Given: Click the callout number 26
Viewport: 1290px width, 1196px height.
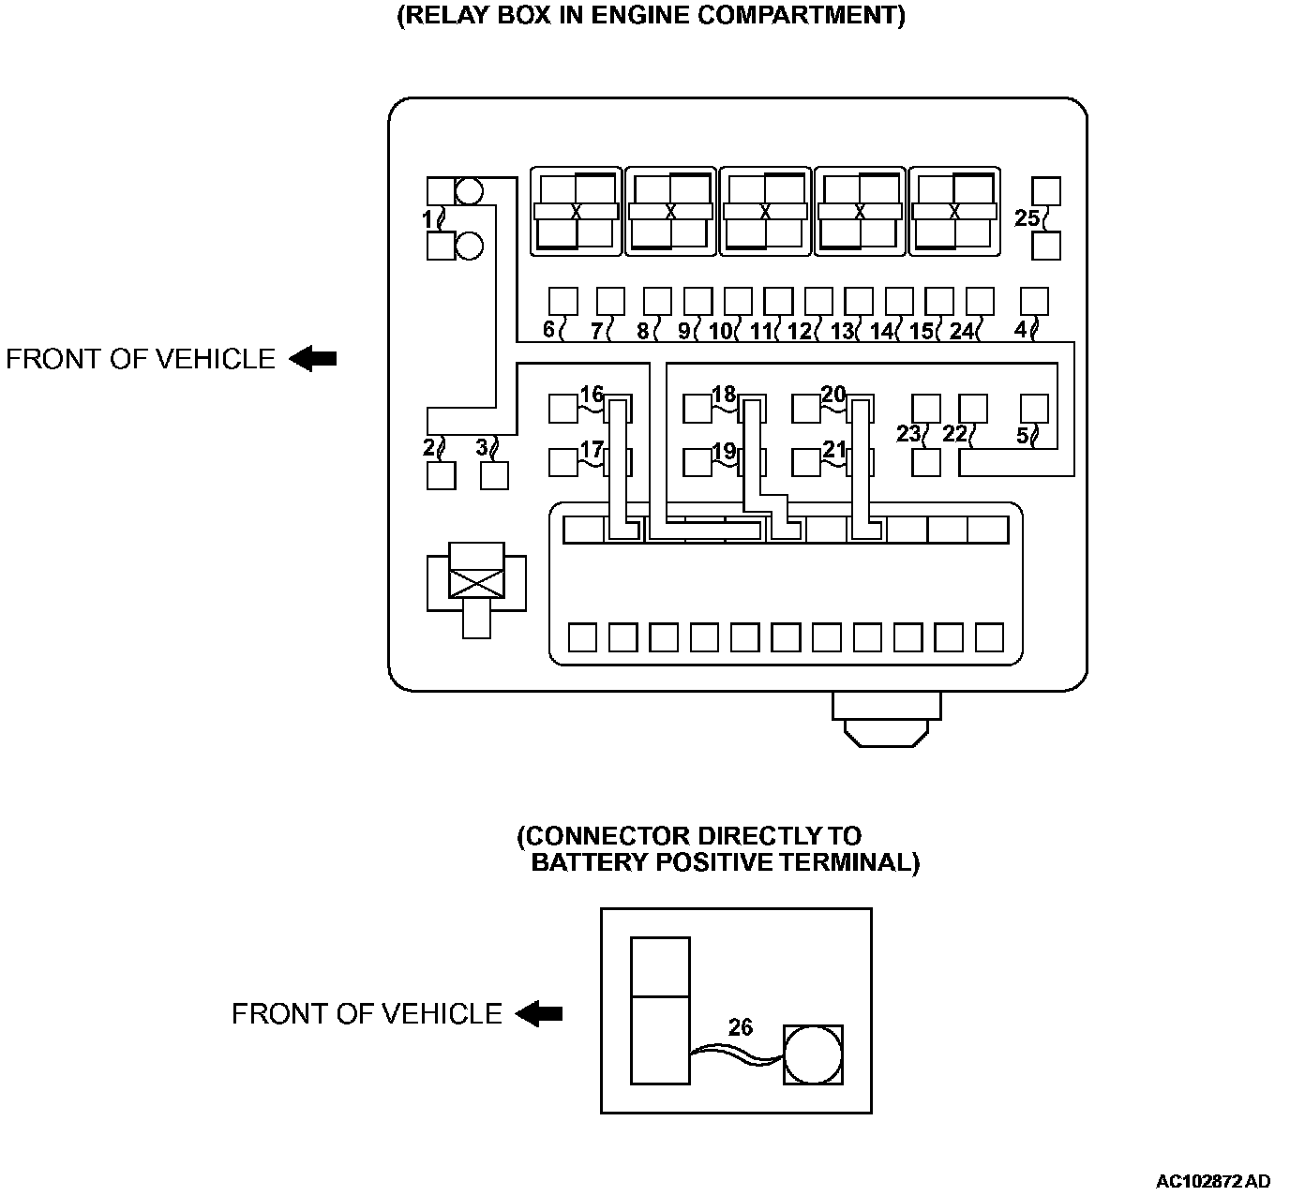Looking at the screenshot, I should pos(741,1027).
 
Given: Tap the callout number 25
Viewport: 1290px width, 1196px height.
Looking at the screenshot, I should pos(1027,218).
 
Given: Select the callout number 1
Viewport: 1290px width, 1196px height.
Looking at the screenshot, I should pos(427,219).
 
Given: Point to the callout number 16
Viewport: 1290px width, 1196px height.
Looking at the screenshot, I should pos(591,394).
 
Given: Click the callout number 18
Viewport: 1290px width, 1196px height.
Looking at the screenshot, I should pos(724,394).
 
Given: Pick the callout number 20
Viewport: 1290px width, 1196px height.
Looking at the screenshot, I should pos(833,395).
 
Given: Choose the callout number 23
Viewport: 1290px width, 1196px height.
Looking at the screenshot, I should pos(907,433).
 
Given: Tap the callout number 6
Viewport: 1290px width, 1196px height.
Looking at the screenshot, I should pos(548,330).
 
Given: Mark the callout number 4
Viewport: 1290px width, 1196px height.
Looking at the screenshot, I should pos(1020,330).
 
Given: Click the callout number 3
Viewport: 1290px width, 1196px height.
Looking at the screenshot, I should pos(482,447).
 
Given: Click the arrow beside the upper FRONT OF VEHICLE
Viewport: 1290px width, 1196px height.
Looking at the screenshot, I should pos(312,359).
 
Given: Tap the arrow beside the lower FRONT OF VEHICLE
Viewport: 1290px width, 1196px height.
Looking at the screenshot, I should pos(539,1013).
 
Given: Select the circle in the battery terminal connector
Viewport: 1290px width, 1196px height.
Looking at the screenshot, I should pos(813,1054).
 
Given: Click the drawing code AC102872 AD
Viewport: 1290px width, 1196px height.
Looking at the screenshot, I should pos(1213,1181).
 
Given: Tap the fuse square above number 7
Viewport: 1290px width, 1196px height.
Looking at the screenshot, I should pos(610,301).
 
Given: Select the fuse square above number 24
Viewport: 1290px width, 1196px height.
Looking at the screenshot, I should pos(979,301).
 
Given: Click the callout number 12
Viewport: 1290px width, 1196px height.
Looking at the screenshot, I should pos(799,331).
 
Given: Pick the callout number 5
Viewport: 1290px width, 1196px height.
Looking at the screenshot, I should pos(1022,435).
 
